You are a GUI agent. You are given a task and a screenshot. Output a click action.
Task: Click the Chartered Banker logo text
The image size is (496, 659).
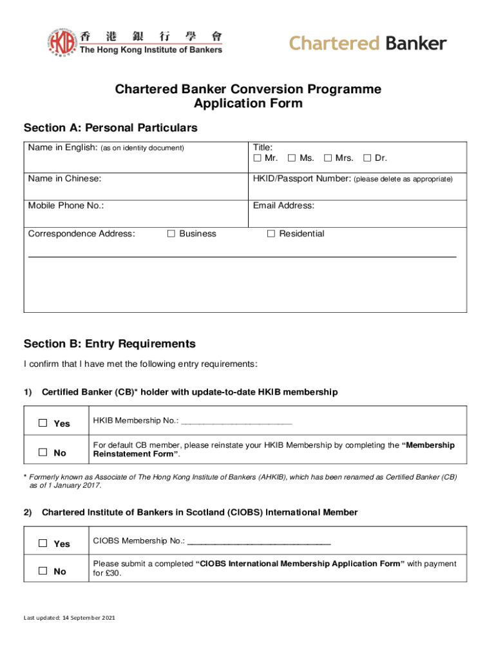[x=367, y=44]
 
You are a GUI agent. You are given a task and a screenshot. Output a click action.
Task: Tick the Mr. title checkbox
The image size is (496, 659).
[x=257, y=158]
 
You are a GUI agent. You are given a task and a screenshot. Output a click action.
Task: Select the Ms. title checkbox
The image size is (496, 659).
[x=292, y=158]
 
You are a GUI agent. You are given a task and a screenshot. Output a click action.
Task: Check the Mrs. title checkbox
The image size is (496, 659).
[x=328, y=158]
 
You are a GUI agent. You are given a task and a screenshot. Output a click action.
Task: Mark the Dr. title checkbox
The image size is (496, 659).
[x=367, y=158]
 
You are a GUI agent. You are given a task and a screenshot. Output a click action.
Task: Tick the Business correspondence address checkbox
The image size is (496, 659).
[x=171, y=234]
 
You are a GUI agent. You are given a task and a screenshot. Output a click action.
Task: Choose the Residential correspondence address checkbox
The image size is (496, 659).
[x=271, y=234]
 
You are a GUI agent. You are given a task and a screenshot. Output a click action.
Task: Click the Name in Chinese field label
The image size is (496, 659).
[x=64, y=178]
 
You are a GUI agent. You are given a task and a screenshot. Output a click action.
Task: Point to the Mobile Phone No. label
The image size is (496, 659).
[x=66, y=206]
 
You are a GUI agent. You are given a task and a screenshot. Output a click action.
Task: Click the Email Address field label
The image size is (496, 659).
[x=283, y=206]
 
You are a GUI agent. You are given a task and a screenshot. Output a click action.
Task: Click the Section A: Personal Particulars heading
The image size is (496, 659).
[x=110, y=128]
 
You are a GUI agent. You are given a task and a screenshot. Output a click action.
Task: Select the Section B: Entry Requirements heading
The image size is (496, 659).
[x=110, y=344]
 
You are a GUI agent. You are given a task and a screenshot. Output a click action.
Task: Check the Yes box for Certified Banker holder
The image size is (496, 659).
[x=43, y=423]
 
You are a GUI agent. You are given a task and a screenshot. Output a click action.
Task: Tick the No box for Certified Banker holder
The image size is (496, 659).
[x=43, y=452]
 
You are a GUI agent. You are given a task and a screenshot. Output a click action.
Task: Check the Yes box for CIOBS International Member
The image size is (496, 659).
[x=43, y=543]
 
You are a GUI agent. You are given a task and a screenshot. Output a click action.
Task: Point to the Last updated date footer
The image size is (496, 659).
[x=70, y=618]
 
